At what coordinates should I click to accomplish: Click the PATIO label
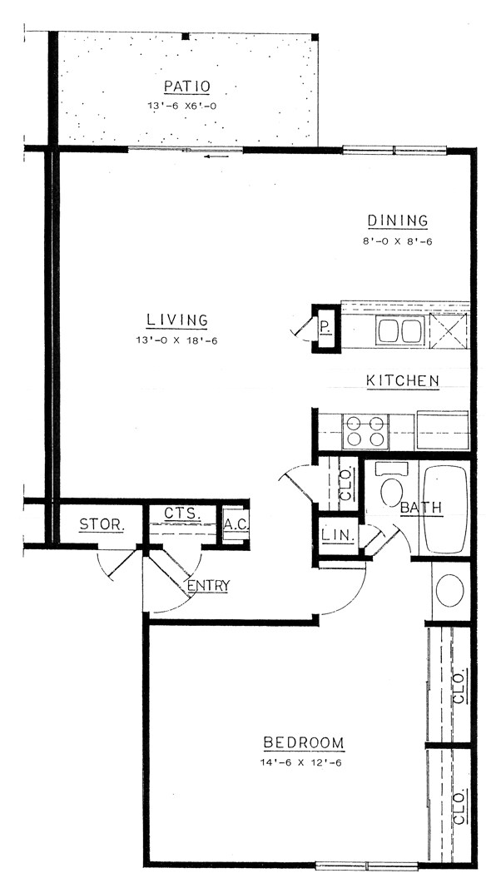186,86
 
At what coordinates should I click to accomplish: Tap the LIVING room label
176,320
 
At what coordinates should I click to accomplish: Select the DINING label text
398,221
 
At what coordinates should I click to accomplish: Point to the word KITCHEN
403,381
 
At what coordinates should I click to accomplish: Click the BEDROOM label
303,742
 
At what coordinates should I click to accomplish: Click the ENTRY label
208,586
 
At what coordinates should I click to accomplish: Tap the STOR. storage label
102,525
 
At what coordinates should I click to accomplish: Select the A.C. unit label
233,525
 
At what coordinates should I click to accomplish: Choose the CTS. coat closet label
181,513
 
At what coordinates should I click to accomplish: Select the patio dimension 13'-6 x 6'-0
186,106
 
